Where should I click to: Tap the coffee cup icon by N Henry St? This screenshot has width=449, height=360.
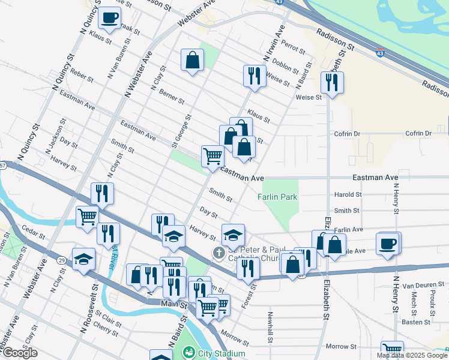pyautogui.click(x=388, y=244)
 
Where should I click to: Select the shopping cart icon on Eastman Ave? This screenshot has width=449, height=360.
pyautogui.click(x=212, y=157)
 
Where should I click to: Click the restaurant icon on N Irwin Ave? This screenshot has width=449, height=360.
pyautogui.click(x=255, y=76)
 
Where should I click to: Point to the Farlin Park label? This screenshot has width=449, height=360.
pyautogui.click(x=277, y=197)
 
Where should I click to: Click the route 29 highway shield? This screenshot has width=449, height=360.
pyautogui.click(x=61, y=260)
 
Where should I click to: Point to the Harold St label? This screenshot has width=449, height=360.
pyautogui.click(x=348, y=194)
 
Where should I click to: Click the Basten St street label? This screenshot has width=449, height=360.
pyautogui.click(x=417, y=322)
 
